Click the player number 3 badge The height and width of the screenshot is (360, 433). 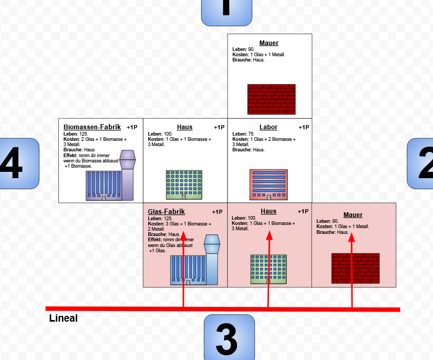(x=229, y=337)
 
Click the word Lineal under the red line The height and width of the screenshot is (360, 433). (x=63, y=318)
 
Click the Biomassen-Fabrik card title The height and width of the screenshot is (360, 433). (x=92, y=127)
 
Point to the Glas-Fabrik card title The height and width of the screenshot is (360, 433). (x=166, y=211)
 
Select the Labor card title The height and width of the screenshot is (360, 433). (x=269, y=127)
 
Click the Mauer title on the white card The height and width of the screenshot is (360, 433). (x=269, y=43)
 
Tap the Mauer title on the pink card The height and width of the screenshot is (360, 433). (x=353, y=214)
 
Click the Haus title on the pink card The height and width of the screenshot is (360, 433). (x=269, y=211)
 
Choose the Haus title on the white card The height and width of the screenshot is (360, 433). (x=184, y=127)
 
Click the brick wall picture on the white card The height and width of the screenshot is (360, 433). (x=271, y=99)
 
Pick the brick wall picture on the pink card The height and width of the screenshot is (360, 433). (x=355, y=268)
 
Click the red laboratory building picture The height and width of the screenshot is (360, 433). (x=269, y=184)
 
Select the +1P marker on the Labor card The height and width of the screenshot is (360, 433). (x=304, y=127)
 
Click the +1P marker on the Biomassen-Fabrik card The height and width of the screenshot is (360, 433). (x=132, y=127)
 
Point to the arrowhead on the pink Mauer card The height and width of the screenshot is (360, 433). (x=352, y=238)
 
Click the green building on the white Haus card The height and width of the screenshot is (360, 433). (x=184, y=184)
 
